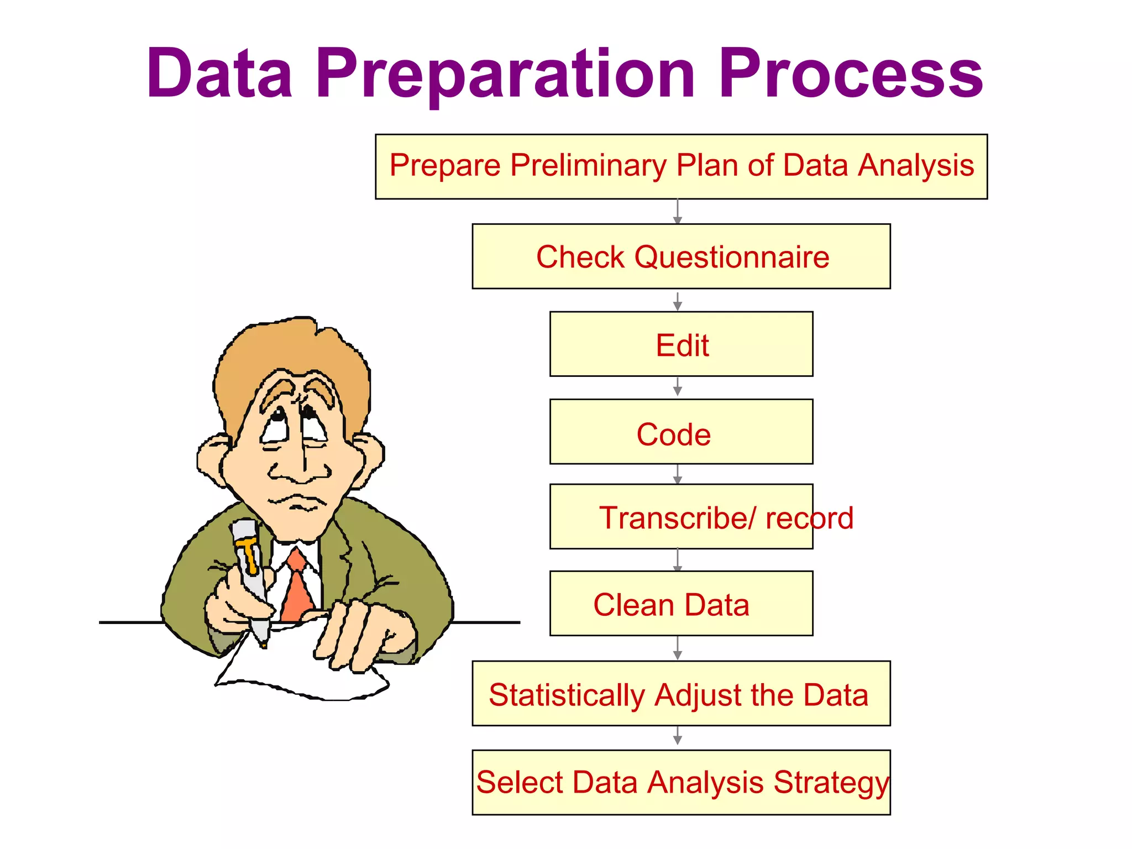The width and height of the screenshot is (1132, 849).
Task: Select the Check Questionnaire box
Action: click(681, 256)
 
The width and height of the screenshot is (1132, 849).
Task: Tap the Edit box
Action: click(681, 344)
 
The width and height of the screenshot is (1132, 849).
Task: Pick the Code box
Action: click(681, 432)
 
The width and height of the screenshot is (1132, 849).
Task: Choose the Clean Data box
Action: click(681, 604)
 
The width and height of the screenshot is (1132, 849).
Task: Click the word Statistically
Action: click(567, 695)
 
